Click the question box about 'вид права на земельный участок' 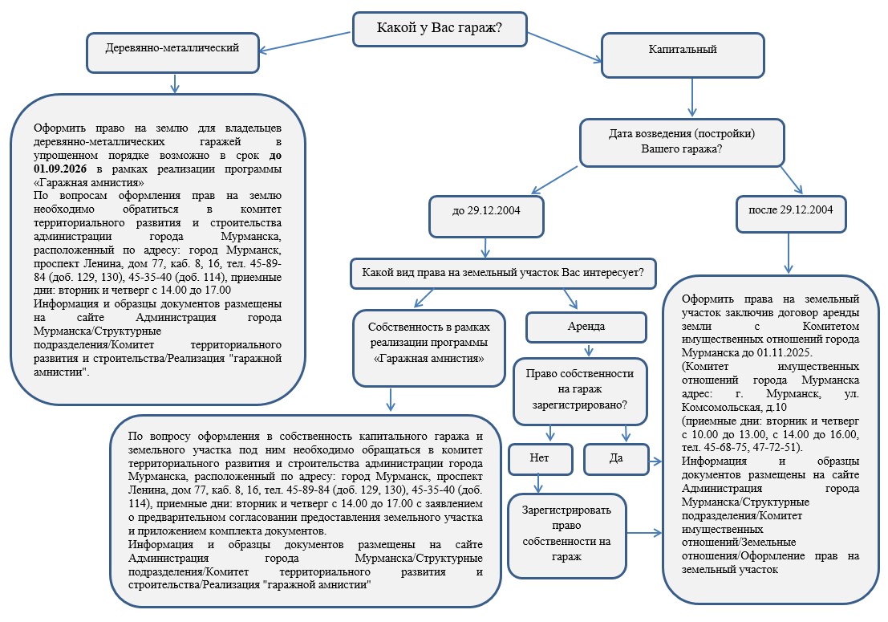tap(503, 272)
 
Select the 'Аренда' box tap(586, 327)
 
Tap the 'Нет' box tap(540, 457)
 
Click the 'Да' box tap(615, 459)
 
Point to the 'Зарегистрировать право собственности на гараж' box tap(567, 535)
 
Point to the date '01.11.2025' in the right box tap(785, 352)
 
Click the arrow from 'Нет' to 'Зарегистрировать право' tap(539, 484)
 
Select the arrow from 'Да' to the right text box tap(655, 461)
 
